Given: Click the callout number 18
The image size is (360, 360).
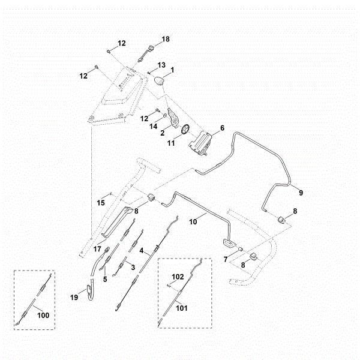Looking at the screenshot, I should (166, 39).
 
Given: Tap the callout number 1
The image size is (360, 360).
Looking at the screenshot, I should (172, 70).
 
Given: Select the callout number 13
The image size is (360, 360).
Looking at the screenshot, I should (161, 65).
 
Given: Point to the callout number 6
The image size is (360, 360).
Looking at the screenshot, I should (222, 128).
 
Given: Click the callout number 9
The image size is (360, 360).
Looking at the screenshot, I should (301, 193).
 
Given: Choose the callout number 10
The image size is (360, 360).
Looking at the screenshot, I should (193, 221).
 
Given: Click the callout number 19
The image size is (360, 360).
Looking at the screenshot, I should (75, 296).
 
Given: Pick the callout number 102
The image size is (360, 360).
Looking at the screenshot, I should (177, 277).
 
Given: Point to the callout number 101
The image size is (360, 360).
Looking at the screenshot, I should (181, 309).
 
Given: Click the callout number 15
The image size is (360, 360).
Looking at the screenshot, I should (101, 203).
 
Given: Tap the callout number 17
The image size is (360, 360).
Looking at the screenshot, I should (97, 248).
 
